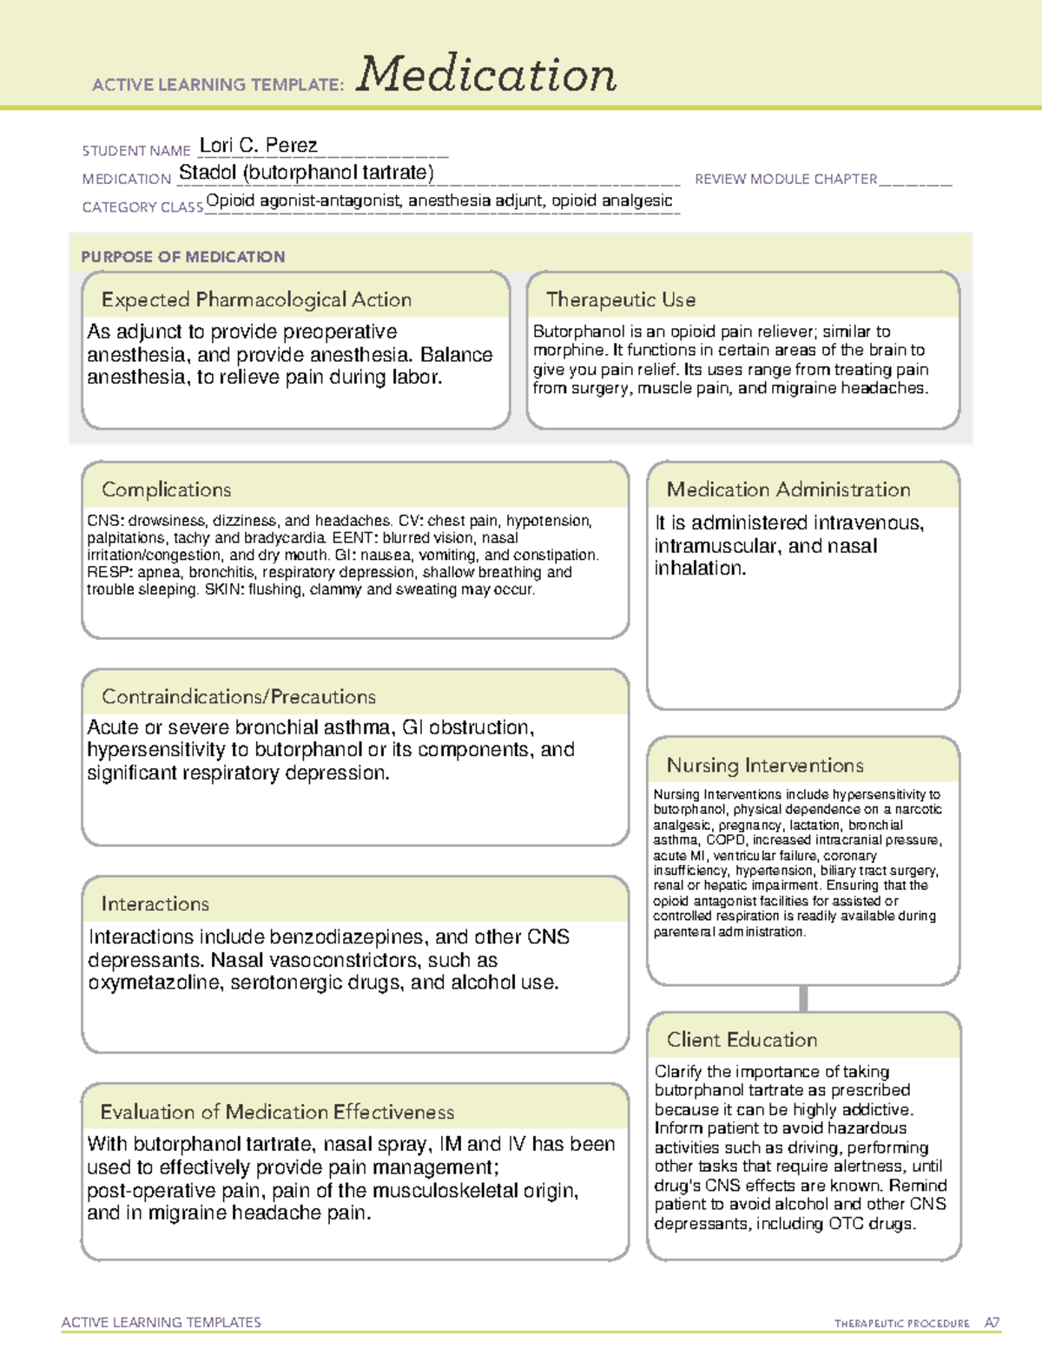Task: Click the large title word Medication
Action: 486,75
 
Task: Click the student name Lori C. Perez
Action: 258,145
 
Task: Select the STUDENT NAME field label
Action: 135,151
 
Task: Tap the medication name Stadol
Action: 208,173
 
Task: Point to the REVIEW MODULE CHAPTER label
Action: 786,179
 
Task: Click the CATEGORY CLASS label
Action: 142,207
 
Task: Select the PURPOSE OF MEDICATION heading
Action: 182,257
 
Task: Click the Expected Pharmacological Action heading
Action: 256,300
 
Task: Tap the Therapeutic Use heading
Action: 620,300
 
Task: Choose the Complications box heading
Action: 166,490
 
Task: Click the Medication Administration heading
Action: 788,490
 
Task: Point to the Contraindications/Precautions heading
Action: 238,697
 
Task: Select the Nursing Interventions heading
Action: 764,766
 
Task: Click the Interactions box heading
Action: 155,904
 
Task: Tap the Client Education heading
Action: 742,1040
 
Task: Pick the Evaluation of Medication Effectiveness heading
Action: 277,1113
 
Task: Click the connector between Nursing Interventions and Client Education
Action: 803,998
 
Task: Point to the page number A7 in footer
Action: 991,1323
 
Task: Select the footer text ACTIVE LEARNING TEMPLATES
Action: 161,1322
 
